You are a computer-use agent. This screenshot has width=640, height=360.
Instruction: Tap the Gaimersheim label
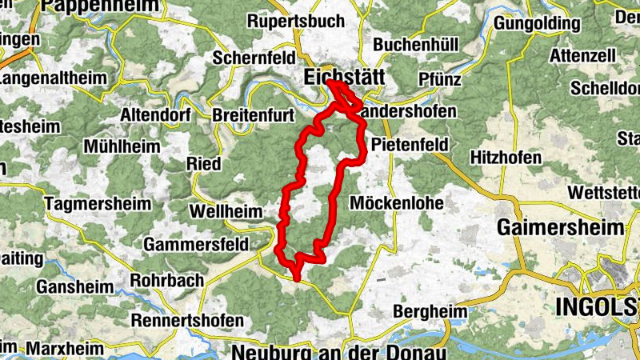coord(560,227)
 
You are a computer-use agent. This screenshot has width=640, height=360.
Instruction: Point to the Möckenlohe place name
coord(397,202)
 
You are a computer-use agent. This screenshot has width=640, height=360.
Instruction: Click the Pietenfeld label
coord(410,145)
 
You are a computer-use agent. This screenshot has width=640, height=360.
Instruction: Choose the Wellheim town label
coord(223,211)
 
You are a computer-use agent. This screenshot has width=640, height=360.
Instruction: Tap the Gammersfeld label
coord(198,242)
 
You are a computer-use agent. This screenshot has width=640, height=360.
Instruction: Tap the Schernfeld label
coord(253,58)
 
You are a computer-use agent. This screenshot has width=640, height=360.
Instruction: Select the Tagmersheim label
coord(98,203)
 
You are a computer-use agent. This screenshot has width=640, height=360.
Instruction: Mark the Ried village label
coord(203,163)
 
